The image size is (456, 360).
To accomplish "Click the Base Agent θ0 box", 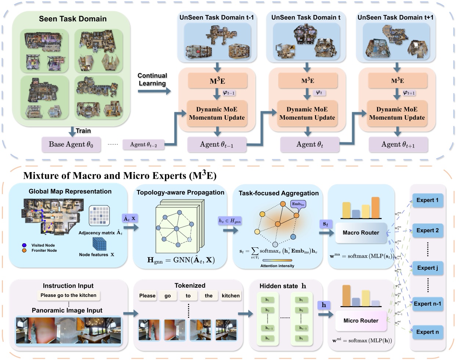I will coord(71,144).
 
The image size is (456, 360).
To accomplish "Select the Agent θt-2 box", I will coord(143,145).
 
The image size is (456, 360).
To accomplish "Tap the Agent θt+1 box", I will coord(398,145).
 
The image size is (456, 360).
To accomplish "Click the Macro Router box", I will coord(361,233).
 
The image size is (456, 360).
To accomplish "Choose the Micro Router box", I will coord(361,321).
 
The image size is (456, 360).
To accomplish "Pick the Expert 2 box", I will coord(427,230).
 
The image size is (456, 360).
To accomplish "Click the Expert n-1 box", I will coord(427,304).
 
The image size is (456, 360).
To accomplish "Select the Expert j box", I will coord(427,268).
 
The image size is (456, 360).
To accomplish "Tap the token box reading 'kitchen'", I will coord(231,296).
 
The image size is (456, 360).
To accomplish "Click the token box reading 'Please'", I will coord(147,296).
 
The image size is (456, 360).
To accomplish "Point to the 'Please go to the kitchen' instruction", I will coord(68,295).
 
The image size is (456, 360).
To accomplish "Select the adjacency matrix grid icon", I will coord(99,215).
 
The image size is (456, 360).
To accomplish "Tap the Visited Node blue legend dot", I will coord(24,245).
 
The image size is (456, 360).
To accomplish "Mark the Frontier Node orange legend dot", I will coord(24,250).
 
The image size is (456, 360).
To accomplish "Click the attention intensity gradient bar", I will coord(277,261).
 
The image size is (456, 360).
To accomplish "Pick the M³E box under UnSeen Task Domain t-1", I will coord(217,81).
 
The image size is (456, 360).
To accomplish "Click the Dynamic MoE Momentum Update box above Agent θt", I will coord(307,113).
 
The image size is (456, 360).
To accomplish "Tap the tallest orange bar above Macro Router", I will coord(375,208).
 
